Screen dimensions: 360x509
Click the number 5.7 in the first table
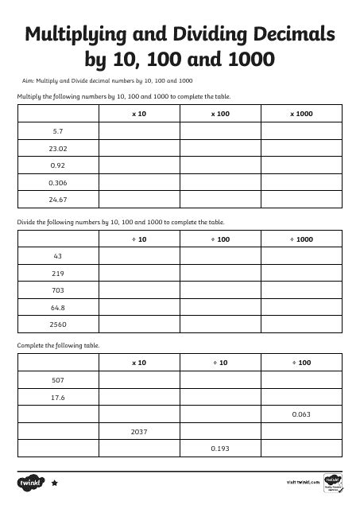57,130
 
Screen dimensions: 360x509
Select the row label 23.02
57,148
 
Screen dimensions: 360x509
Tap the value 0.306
57,182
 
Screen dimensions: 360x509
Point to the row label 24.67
57,200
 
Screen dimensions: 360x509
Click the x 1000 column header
301,114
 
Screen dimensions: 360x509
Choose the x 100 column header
220,114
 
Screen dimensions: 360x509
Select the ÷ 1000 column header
301,239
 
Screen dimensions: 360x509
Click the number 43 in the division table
57,256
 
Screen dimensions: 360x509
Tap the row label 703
57,290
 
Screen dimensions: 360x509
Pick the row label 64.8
57,307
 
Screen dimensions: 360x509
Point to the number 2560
57,324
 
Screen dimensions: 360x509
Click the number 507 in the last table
57,380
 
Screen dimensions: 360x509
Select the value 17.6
57,397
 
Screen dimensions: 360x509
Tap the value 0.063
301,414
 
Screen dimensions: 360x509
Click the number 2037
138,432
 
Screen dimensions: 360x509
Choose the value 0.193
220,449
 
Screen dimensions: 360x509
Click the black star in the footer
54,483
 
